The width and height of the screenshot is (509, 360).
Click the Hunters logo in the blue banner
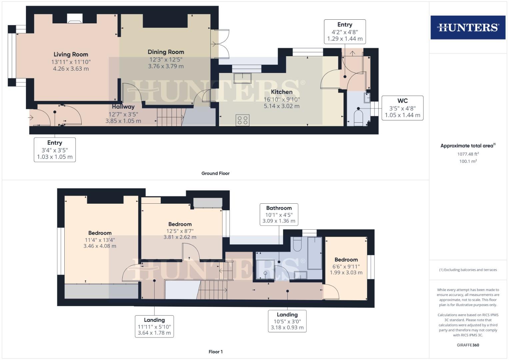coord(468,27)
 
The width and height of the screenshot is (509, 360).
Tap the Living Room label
coord(71,54)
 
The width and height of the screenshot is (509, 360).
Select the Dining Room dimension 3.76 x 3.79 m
coord(166,66)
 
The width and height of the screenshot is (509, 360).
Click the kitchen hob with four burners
coord(242,120)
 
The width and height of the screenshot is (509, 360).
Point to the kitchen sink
coord(242,78)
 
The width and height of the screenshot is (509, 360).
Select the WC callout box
coord(402,108)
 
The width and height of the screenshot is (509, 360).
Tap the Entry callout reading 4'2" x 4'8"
coord(345,32)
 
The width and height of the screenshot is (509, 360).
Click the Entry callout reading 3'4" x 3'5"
coord(55,150)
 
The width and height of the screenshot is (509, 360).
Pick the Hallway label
coord(123,107)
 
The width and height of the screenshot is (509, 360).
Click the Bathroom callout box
coord(279,214)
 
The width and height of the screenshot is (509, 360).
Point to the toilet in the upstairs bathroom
coord(297,244)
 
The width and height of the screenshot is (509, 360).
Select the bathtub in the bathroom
coord(315,253)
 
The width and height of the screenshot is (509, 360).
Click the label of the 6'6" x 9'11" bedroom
coord(346,260)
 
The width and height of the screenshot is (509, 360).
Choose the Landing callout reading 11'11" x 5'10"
coord(154,326)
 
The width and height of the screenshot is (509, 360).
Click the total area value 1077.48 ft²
coord(468,154)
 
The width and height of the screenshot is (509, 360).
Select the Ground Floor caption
coord(215,173)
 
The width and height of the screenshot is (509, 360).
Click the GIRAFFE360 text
coord(468,345)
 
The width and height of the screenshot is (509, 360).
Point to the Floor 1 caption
coord(215,352)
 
